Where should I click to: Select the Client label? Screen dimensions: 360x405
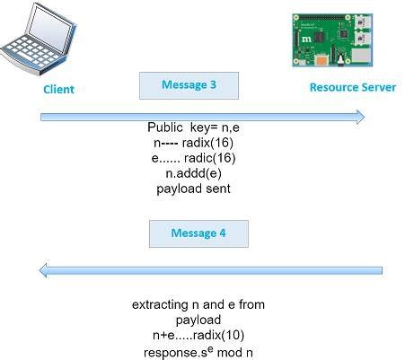tap(58, 89)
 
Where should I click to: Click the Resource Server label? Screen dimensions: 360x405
tap(352, 87)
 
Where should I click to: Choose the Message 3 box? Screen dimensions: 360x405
tap(189, 85)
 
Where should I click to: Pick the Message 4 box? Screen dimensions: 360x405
tap(198, 233)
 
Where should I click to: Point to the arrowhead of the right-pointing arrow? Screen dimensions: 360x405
tap(359, 116)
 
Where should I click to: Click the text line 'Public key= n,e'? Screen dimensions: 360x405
tap(193, 127)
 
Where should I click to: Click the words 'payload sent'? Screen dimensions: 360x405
tap(193, 189)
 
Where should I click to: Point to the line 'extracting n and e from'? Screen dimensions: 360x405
tap(198, 304)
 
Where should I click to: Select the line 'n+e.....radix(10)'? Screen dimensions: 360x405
tap(198, 336)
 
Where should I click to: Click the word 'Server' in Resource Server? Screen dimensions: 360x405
tap(378, 87)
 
